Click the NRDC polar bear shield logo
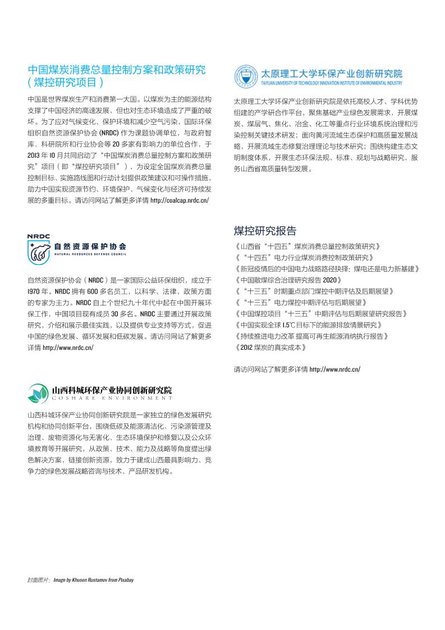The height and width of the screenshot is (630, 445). (x=38, y=249)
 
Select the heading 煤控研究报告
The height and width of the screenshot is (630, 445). (x=265, y=231)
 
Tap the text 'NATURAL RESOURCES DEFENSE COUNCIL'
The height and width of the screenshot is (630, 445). (x=90, y=254)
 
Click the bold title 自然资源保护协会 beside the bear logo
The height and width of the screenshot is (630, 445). (x=90, y=246)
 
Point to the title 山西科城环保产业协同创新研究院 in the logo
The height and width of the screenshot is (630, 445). (x=112, y=390)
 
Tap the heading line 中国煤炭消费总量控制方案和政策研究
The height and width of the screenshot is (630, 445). (x=117, y=70)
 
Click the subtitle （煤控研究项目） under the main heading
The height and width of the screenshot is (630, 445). (x=66, y=83)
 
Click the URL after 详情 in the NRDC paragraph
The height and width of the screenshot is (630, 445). (x=68, y=348)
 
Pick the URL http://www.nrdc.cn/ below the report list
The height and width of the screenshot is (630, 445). (x=334, y=369)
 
